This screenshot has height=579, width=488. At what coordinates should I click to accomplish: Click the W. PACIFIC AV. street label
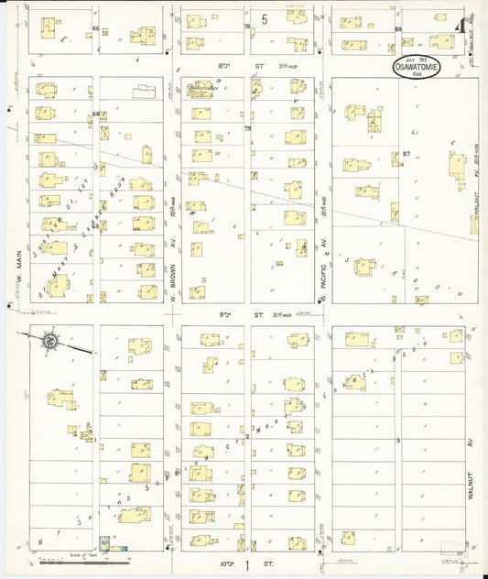pos(323,272)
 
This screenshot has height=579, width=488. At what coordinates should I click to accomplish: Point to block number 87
pos(405,154)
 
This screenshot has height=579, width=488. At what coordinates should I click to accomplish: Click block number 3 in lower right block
pos(398,441)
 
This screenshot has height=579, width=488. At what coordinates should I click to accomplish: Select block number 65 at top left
pos(94,28)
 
